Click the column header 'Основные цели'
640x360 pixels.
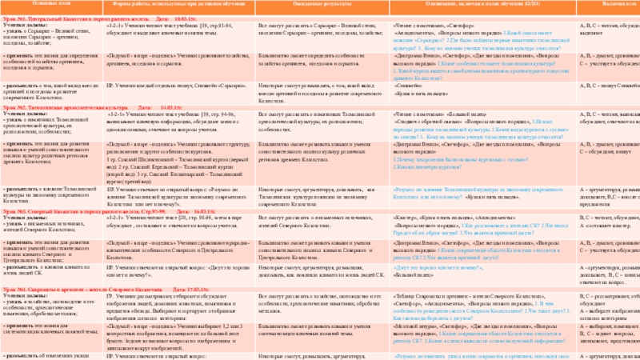tap(32, 3)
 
